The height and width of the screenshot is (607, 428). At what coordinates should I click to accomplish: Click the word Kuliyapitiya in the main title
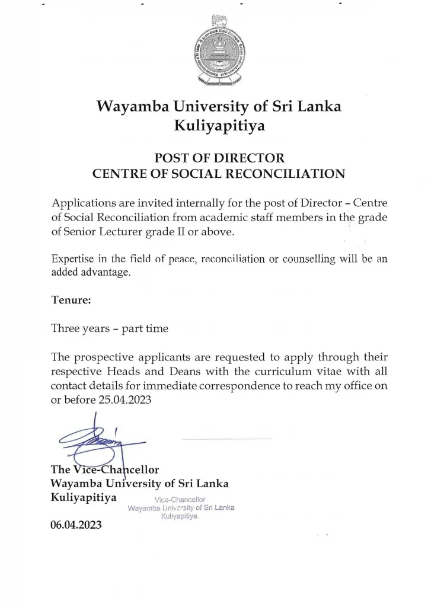point(219,126)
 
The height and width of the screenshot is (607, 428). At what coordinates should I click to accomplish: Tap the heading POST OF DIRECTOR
point(219,158)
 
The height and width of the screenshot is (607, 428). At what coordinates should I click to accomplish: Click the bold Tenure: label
point(71,300)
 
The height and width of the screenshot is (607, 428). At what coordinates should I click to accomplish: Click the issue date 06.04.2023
point(76,525)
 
